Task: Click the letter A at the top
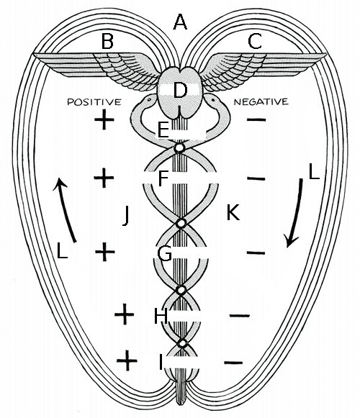point(180,22)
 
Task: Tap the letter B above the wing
point(107,41)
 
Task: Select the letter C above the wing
point(255,41)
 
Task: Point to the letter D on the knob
point(180,91)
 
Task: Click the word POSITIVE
point(94,102)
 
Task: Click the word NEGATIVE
point(261,101)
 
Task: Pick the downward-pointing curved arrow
point(295,213)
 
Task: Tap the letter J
point(126,216)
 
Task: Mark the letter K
point(233,213)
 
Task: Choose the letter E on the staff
point(163,130)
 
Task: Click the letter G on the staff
point(165,253)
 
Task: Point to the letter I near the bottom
point(161,363)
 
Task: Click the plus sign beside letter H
point(125,314)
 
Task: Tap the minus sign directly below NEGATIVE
point(256,119)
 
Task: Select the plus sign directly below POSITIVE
point(104,119)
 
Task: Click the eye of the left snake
point(149,100)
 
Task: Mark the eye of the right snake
point(213,100)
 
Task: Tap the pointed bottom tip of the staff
point(180,405)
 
